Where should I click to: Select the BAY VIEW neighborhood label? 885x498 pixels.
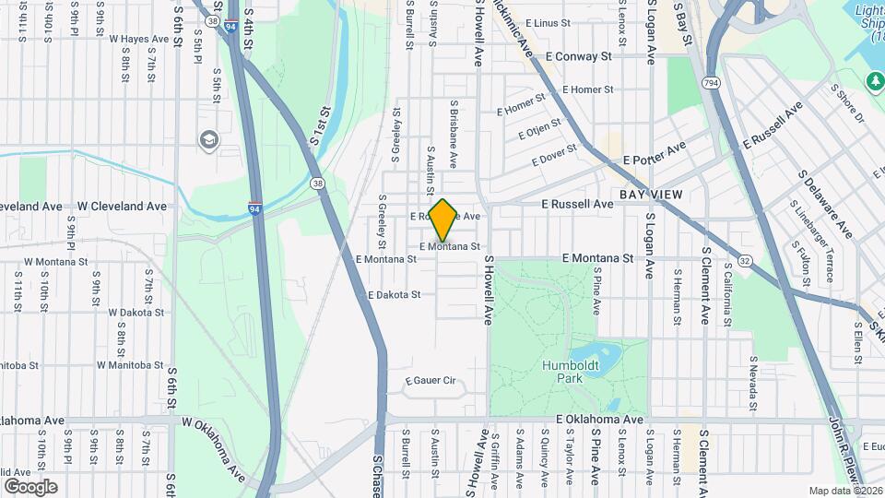pos(651,195)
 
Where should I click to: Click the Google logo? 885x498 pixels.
pos(30,486)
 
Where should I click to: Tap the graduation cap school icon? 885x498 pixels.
pos(209,139)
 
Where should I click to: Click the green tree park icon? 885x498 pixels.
pos(874,82)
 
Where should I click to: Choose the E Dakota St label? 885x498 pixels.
pos(394,295)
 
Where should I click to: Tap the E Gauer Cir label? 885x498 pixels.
pos(431,380)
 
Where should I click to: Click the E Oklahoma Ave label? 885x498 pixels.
pos(599,420)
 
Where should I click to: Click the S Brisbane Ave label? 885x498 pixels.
pos(454,134)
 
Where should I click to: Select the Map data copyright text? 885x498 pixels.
pos(845,491)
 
